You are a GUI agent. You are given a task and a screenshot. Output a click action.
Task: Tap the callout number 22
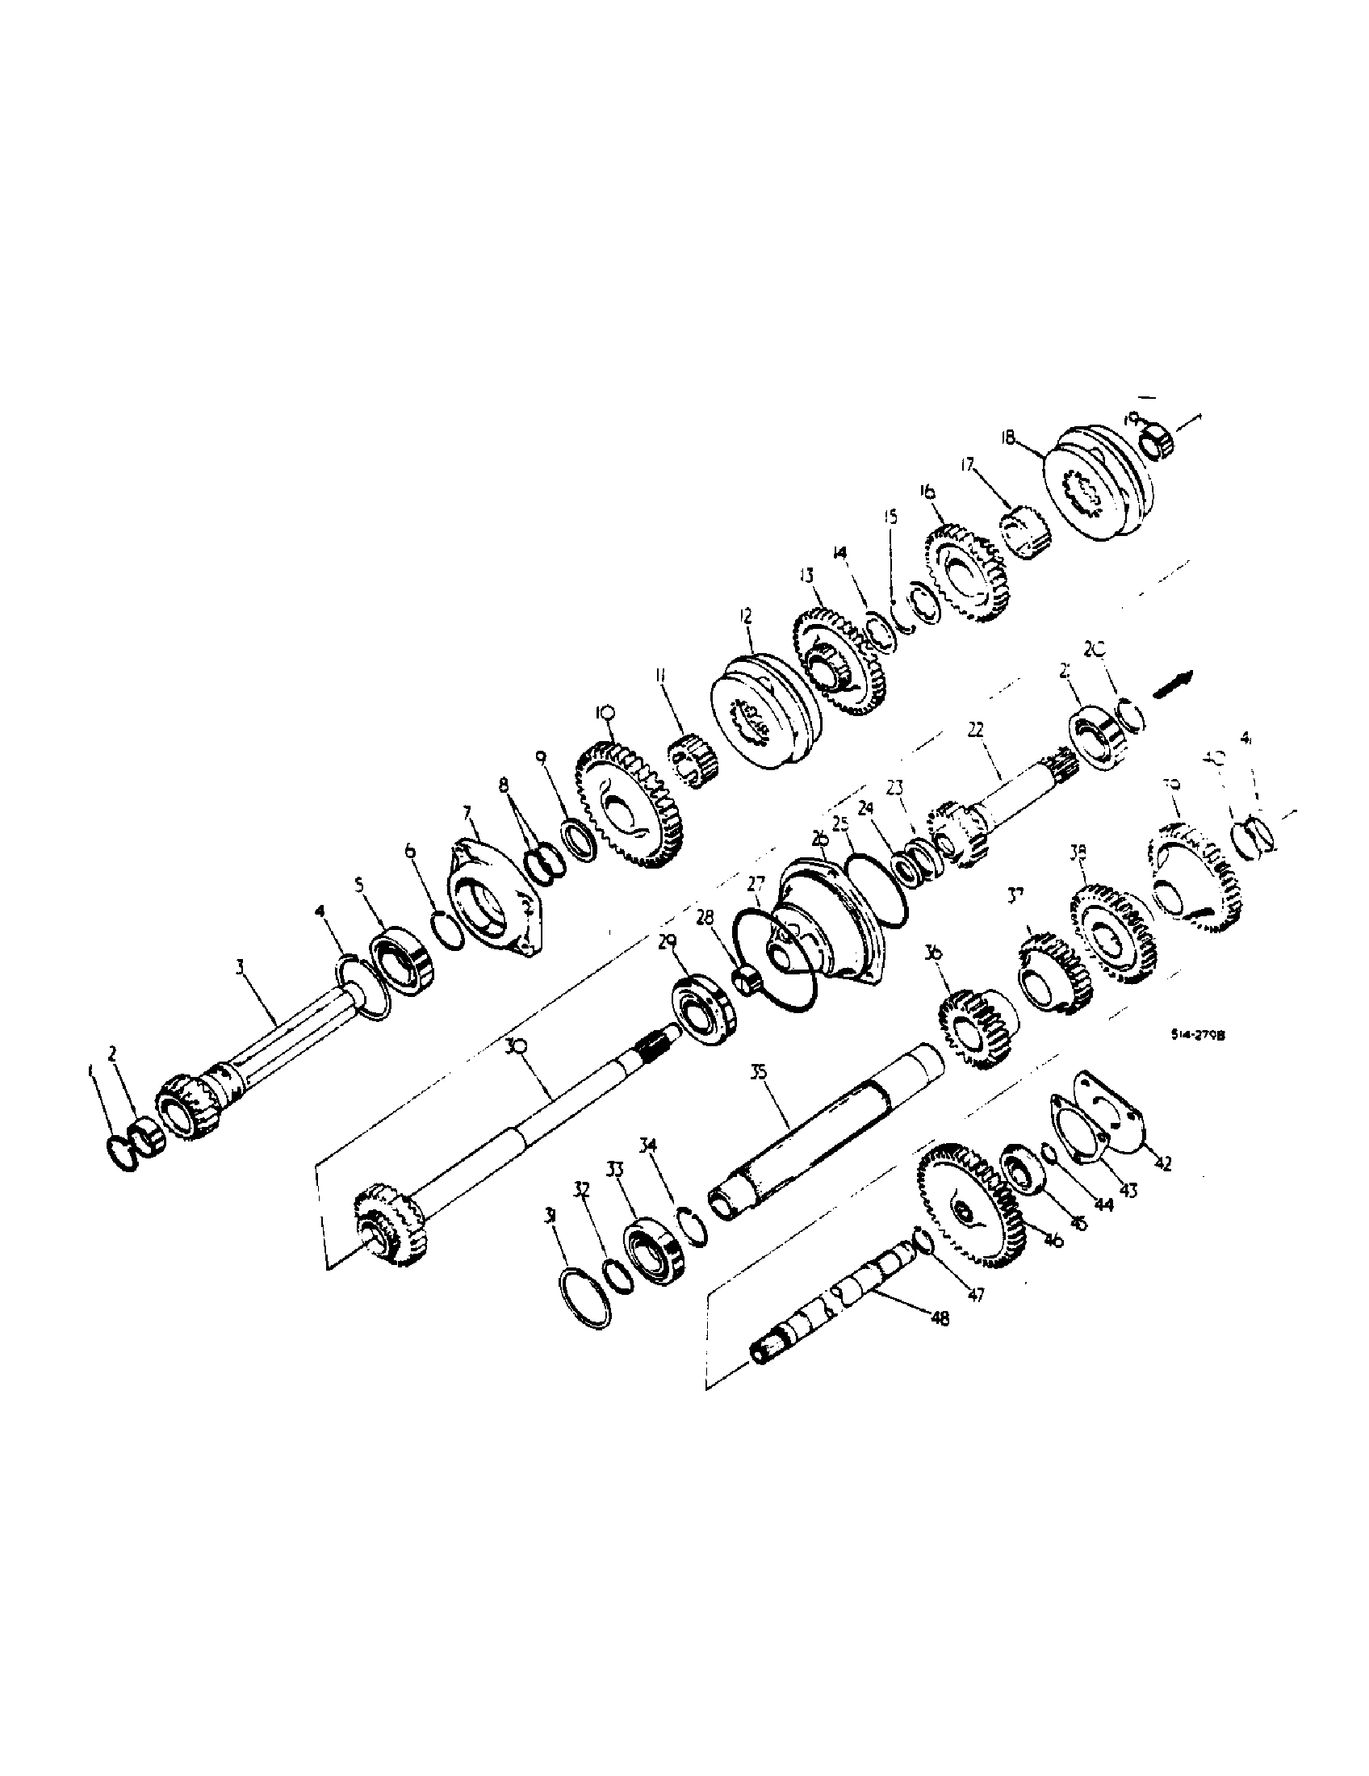coord(975,730)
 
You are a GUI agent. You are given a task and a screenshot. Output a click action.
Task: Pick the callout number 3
coord(240,966)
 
